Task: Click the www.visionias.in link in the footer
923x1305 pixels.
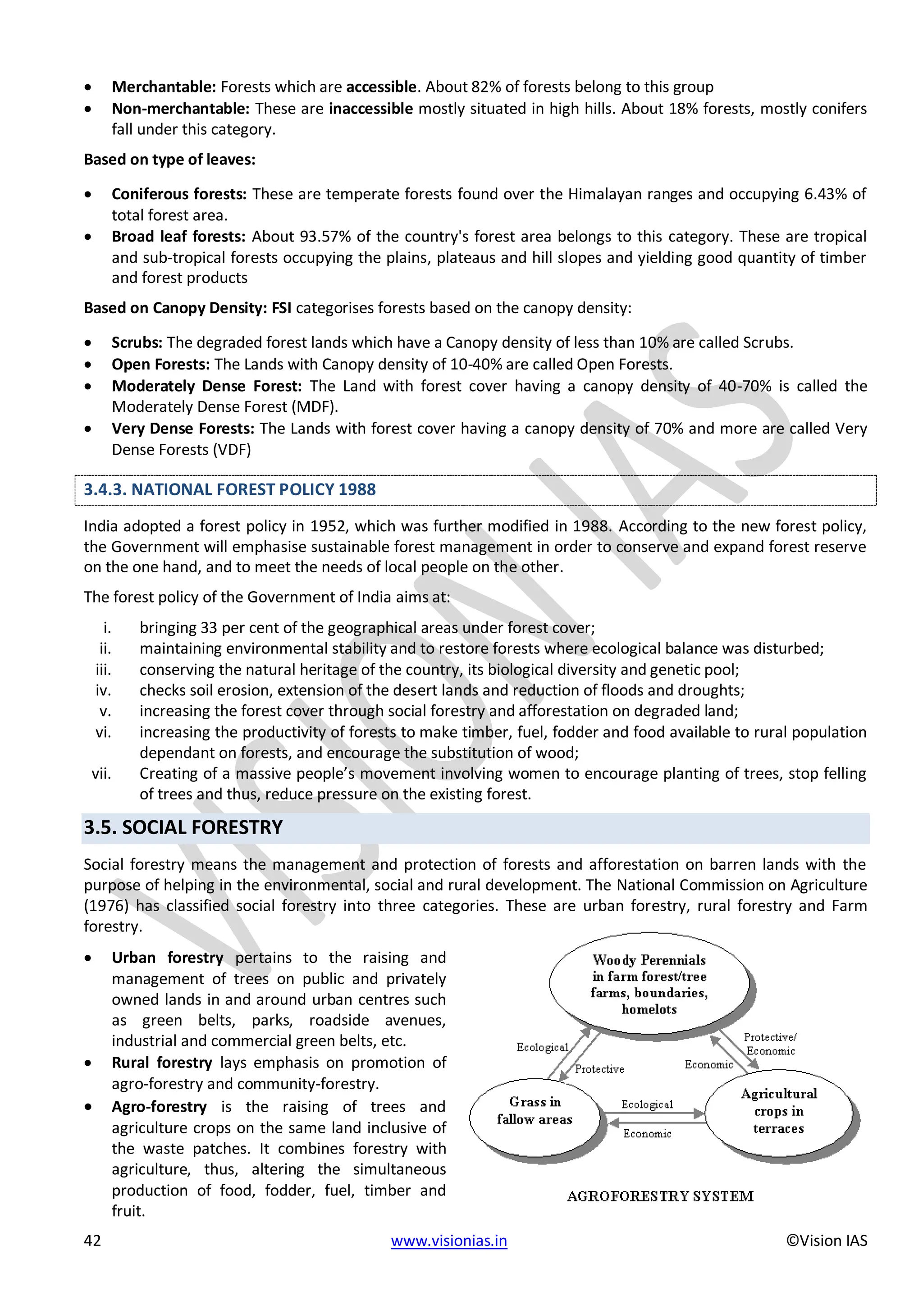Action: pyautogui.click(x=448, y=1240)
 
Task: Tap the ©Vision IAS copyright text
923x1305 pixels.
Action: pyautogui.click(x=827, y=1240)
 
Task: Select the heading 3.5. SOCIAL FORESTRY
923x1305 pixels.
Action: pyautogui.click(x=183, y=827)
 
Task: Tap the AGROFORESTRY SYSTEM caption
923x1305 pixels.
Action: pyautogui.click(x=660, y=1196)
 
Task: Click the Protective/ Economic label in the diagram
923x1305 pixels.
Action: pyautogui.click(x=770, y=1044)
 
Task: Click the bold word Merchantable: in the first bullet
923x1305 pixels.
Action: pyautogui.click(x=164, y=87)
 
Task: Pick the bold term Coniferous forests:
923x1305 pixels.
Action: pyautogui.click(x=179, y=194)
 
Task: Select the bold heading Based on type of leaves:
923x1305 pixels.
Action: pyautogui.click(x=169, y=160)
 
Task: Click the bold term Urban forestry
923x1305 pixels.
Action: pyautogui.click(x=167, y=958)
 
